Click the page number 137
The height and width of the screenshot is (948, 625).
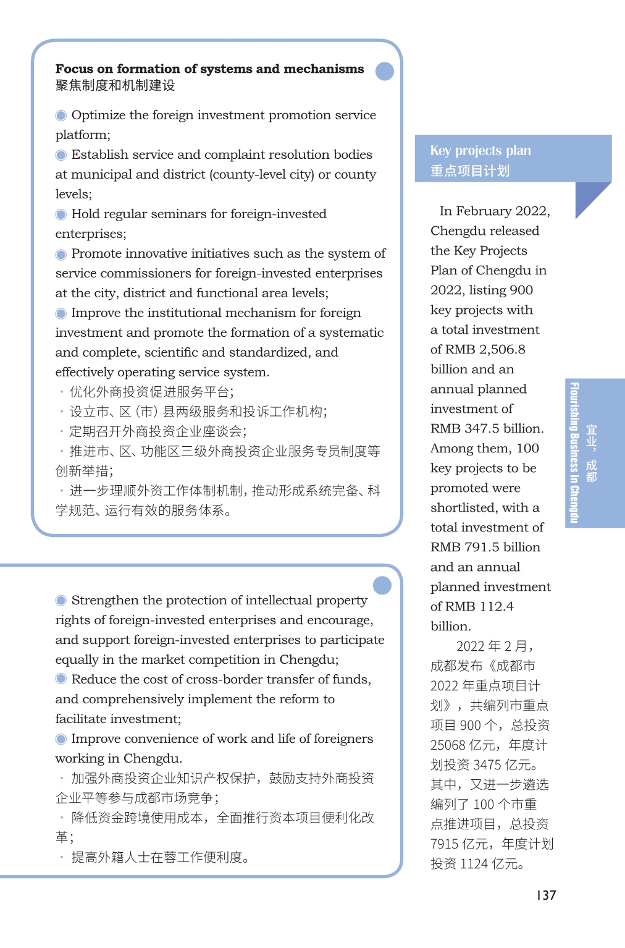pyautogui.click(x=547, y=895)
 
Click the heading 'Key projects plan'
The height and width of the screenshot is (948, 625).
pyautogui.click(x=480, y=151)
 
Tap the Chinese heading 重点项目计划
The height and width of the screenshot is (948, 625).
pyautogui.click(x=470, y=171)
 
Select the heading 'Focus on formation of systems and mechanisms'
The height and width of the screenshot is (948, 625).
pyautogui.click(x=209, y=69)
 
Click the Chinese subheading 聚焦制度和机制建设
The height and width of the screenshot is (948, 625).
pyautogui.click(x=115, y=85)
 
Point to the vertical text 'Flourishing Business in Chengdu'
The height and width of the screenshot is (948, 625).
pyautogui.click(x=574, y=453)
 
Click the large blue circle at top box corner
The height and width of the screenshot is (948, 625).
pyautogui.click(x=385, y=71)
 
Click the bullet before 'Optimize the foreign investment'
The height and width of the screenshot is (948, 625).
pyautogui.click(x=61, y=116)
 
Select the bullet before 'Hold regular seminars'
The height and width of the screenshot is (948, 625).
pyautogui.click(x=61, y=214)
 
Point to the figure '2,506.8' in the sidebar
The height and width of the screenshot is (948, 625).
pyautogui.click(x=502, y=349)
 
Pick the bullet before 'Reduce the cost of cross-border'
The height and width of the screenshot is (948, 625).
pyautogui.click(x=61, y=679)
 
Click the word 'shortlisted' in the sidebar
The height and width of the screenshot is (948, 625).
pyautogui.click(x=463, y=507)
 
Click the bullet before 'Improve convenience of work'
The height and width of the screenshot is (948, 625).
pyautogui.click(x=61, y=739)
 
